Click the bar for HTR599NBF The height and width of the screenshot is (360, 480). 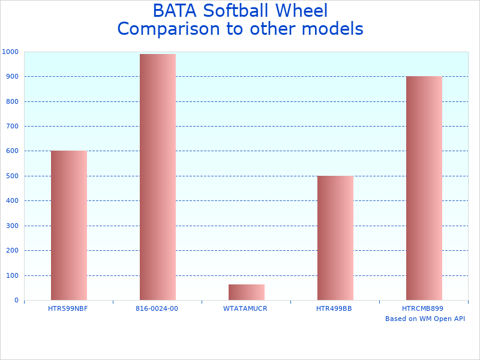pyautogui.click(x=68, y=225)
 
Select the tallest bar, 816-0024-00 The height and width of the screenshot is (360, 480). pyautogui.click(x=157, y=177)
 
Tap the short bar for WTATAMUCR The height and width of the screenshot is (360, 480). pyautogui.click(x=246, y=292)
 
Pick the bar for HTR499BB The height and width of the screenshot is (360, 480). pyautogui.click(x=335, y=238)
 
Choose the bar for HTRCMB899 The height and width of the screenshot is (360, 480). pyautogui.click(x=424, y=188)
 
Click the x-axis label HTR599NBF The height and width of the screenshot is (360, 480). pyautogui.click(x=68, y=308)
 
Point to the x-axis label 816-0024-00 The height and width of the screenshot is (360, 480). pyautogui.click(x=157, y=308)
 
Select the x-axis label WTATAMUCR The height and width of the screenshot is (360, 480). pyautogui.click(x=245, y=308)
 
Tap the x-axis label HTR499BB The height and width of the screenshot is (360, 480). pyautogui.click(x=334, y=308)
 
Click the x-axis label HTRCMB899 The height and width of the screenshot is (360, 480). pyautogui.click(x=423, y=308)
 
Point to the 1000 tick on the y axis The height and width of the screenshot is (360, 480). pyautogui.click(x=10, y=52)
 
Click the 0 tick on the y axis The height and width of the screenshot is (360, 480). pyautogui.click(x=16, y=301)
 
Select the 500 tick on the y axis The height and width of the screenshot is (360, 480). pyautogui.click(x=12, y=176)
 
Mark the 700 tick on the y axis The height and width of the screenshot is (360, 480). pyautogui.click(x=12, y=127)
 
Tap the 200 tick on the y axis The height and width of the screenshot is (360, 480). pyautogui.click(x=12, y=251)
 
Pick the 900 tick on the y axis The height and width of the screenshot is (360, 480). pyautogui.click(x=12, y=77)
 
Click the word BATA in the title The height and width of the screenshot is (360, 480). pyautogui.click(x=175, y=11)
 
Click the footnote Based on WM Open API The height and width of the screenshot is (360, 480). pyautogui.click(x=425, y=319)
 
